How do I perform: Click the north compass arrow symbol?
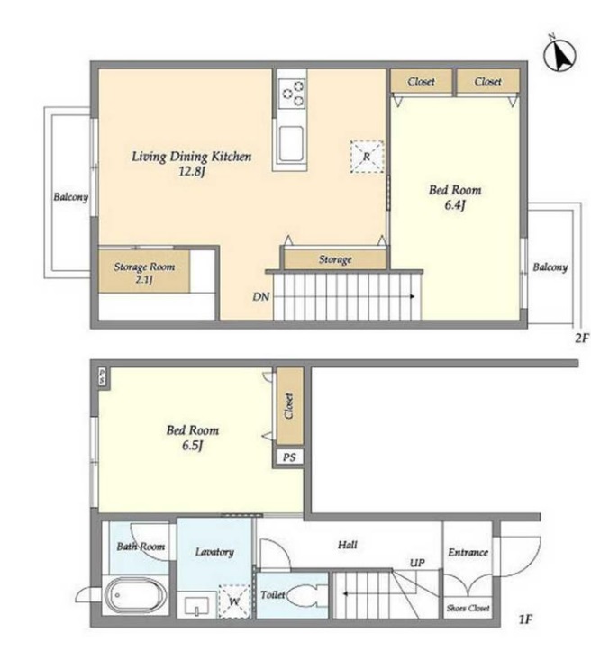tap(559, 54)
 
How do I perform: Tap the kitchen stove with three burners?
tap(293, 93)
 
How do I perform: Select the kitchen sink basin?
tap(291, 143)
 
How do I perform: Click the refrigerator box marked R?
tap(367, 157)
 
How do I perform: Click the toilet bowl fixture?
tap(305, 596)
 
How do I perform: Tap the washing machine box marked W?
tap(234, 601)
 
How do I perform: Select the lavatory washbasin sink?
tap(197, 606)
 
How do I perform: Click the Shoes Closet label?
tap(468, 609)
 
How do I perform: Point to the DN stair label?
tap(261, 297)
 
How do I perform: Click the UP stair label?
tap(417, 563)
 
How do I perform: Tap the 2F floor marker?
tap(581, 339)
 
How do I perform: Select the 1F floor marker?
tap(525, 619)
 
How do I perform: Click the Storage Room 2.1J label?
tap(144, 273)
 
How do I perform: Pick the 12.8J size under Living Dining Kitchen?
tap(192, 171)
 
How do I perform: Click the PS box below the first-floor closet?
tap(289, 457)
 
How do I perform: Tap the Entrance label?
tap(468, 552)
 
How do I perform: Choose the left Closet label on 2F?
tap(421, 81)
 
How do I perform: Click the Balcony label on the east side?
tap(550, 267)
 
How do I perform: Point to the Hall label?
tap(348, 544)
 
